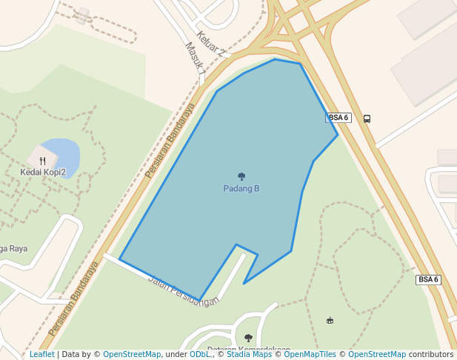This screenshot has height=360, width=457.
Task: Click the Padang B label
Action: pyautogui.click(x=241, y=189)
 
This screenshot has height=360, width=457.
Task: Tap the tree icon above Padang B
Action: pyautogui.click(x=241, y=176)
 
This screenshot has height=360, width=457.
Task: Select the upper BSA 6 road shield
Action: pyautogui.click(x=338, y=118)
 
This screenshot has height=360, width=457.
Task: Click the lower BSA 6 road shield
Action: pyautogui.click(x=428, y=280)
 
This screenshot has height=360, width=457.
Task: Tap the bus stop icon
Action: pyautogui.click(x=367, y=119)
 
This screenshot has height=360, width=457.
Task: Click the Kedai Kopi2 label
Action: pyautogui.click(x=43, y=173)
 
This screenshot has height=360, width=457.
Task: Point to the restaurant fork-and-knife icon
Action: pyautogui.click(x=43, y=160)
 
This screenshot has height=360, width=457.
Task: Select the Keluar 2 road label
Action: pyautogui.click(x=210, y=44)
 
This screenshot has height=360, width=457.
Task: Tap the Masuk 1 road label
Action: pyautogui.click(x=195, y=58)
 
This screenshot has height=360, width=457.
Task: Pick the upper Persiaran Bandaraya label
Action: pyautogui.click(x=170, y=140)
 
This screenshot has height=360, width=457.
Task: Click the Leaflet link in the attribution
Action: pyautogui.click(x=42, y=354)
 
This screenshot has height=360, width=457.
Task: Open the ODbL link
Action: pyautogui.click(x=200, y=354)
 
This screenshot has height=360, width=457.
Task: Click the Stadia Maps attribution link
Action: pyautogui.click(x=249, y=354)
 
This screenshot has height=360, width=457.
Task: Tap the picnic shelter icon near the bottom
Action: pyautogui.click(x=330, y=320)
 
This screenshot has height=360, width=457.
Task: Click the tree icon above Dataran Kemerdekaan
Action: pyautogui.click(x=248, y=338)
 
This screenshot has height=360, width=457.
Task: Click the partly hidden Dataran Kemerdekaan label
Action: pyautogui.click(x=248, y=350)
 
